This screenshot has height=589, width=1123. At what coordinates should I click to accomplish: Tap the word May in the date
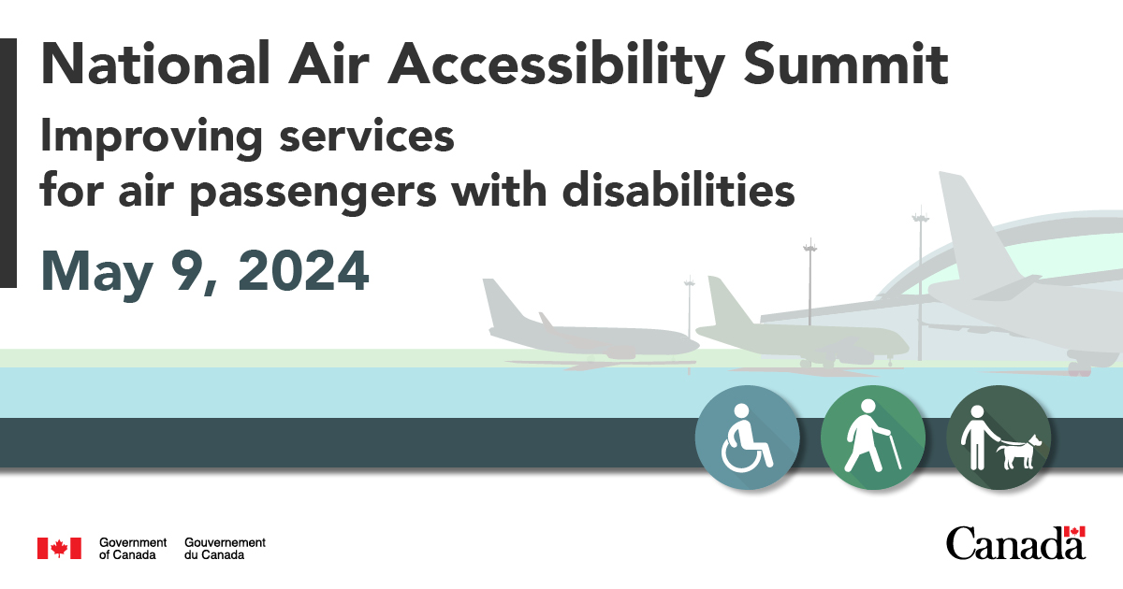click(88, 271)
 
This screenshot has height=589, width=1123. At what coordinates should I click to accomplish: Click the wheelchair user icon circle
click(747, 438)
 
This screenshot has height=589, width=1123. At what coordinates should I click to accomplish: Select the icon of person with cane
click(872, 438)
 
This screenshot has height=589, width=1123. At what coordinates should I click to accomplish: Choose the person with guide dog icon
click(999, 438)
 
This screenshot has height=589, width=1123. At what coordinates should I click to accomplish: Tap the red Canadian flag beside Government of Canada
click(58, 549)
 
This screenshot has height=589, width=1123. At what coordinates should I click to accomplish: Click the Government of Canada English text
click(132, 549)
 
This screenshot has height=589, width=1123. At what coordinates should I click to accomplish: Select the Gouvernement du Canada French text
click(225, 549)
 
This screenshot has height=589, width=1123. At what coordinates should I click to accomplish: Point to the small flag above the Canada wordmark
click(1075, 531)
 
